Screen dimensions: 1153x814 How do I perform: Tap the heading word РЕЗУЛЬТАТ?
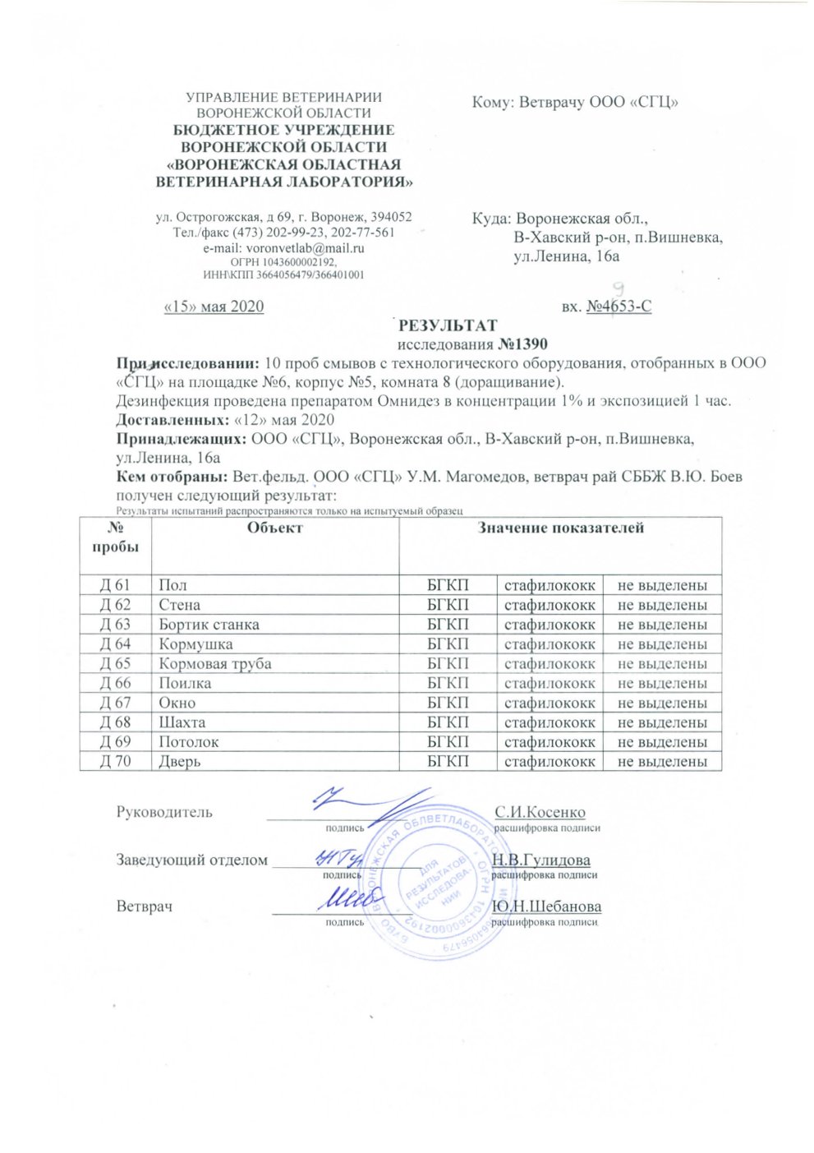tap(448, 325)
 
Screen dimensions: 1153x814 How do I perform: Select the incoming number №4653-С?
tap(619, 307)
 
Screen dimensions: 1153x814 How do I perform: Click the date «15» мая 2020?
tap(214, 307)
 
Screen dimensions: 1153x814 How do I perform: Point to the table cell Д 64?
tap(115, 644)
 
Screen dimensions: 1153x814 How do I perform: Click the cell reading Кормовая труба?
tap(215, 664)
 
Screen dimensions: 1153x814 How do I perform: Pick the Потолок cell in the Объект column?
tap(189, 742)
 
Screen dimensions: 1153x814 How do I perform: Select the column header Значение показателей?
tap(560, 528)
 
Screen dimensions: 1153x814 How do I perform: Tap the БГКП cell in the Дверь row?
tap(448, 762)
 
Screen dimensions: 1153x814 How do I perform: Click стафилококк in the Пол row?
tap(550, 586)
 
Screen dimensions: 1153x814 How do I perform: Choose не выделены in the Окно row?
tap(662, 703)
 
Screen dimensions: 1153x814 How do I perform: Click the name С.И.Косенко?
tap(540, 813)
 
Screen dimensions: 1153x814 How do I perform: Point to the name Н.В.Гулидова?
tap(540, 860)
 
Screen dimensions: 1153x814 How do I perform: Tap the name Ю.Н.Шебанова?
tap(546, 907)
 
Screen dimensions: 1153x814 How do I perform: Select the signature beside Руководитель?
tap(370, 805)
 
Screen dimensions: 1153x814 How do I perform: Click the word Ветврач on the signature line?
tap(144, 907)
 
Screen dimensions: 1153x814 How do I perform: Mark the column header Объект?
tap(275, 528)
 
